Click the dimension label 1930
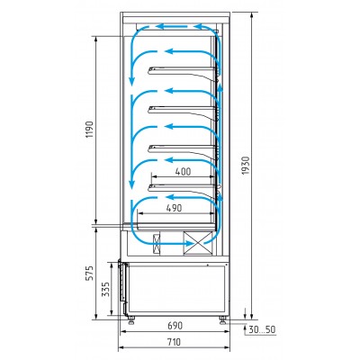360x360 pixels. click(x=246, y=166)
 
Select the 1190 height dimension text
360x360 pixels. click(x=90, y=130)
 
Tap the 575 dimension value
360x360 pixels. click(x=90, y=273)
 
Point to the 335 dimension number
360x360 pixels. click(x=105, y=289)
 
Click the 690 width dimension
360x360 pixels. click(x=175, y=325)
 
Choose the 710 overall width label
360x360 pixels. click(x=174, y=342)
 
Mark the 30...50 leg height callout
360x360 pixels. click(x=262, y=329)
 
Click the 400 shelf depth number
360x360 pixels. click(x=183, y=172)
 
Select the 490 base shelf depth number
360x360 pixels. click(x=175, y=208)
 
